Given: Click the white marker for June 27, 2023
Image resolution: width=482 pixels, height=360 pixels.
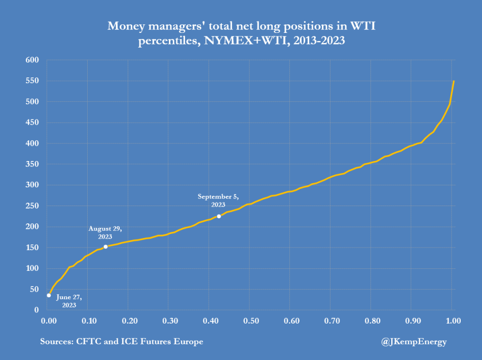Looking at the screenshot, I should click(x=49, y=295).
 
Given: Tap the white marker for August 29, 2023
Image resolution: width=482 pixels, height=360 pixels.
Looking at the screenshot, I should click(x=105, y=247).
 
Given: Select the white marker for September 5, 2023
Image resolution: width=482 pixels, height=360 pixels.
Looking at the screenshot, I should click(x=218, y=216).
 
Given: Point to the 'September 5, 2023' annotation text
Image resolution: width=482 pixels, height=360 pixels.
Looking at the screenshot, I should click(x=217, y=200).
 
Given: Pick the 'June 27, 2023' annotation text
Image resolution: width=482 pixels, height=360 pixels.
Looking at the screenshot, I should click(x=69, y=301).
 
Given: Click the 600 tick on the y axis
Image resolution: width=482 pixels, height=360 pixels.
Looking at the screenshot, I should click(x=32, y=60).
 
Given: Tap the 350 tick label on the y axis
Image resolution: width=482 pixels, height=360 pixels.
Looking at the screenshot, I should click(x=32, y=164).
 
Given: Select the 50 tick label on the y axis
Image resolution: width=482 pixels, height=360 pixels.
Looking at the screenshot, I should click(x=34, y=289).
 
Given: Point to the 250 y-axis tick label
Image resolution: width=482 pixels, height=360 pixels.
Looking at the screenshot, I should click(x=32, y=206).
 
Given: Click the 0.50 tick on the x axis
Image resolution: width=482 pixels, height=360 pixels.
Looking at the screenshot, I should click(x=250, y=321).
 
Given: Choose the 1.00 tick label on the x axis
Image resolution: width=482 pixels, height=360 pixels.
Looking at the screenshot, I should click(x=453, y=321).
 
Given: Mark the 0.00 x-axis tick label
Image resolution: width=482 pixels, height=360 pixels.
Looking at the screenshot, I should click(x=49, y=321).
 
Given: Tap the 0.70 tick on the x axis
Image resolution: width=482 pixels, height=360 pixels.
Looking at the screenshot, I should click(x=331, y=321).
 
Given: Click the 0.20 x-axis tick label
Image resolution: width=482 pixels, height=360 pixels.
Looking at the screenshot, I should click(x=129, y=321).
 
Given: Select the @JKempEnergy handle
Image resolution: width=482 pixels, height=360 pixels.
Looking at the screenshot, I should click(x=414, y=342).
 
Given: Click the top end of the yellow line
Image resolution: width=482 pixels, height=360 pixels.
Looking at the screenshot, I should click(x=454, y=81).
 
